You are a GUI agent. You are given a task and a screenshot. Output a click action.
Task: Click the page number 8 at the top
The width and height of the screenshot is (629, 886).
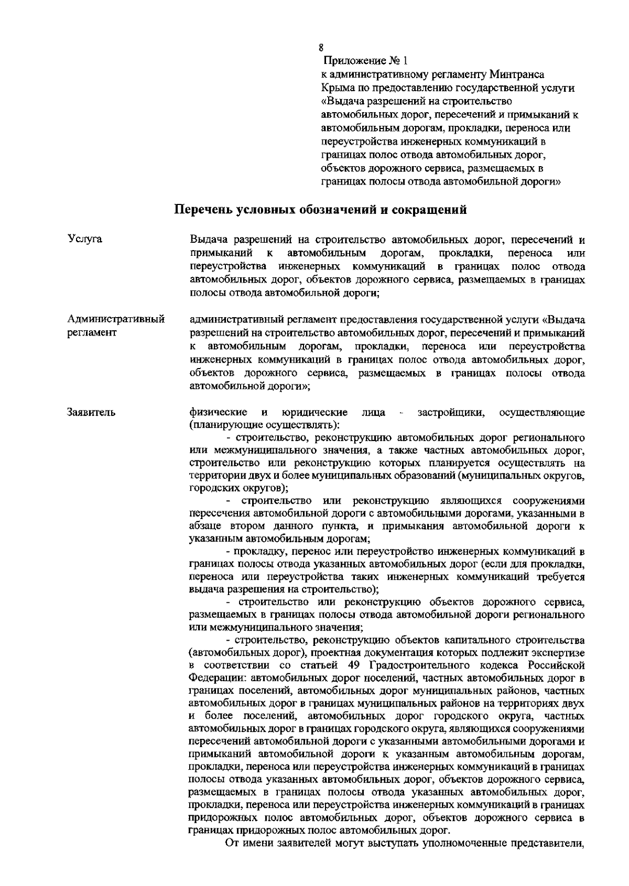coord(321,48)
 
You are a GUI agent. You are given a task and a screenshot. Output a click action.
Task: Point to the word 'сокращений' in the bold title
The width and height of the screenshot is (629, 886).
coord(428,211)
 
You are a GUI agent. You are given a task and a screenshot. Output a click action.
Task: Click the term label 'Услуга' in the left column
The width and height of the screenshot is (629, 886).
coord(85,240)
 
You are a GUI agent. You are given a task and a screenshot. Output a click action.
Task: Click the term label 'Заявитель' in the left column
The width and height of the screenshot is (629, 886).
coord(92,413)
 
